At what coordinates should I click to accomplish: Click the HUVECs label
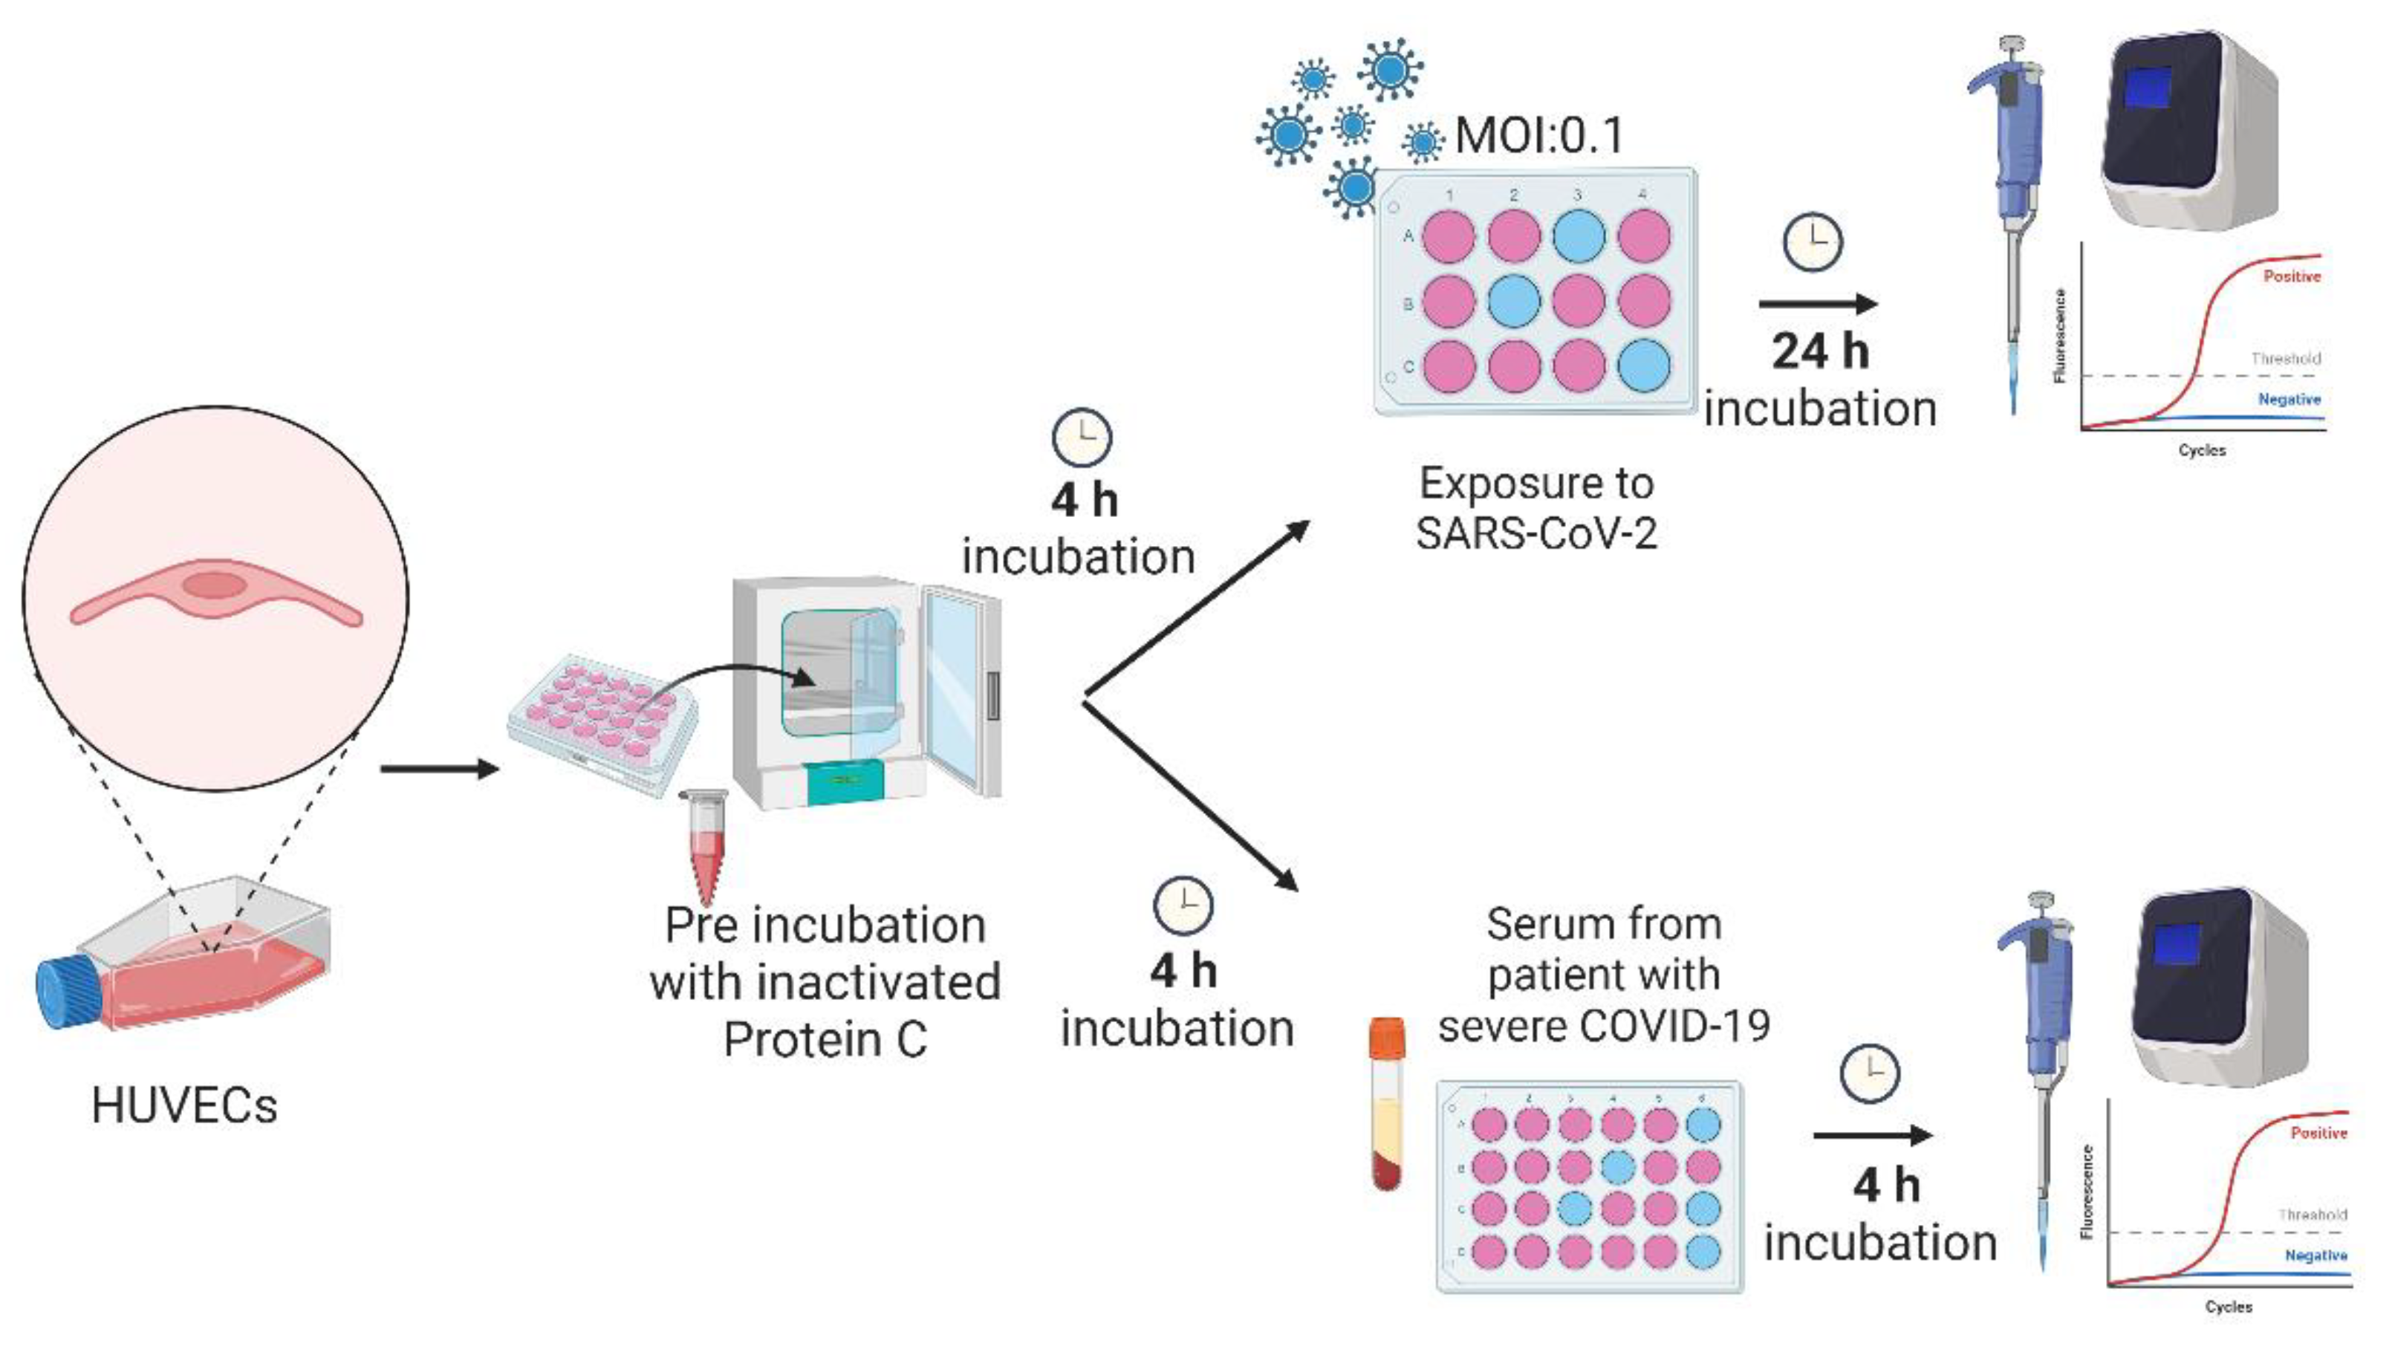click(x=184, y=1105)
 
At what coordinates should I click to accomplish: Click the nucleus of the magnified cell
click(x=214, y=585)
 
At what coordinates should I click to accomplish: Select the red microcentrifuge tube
click(x=703, y=846)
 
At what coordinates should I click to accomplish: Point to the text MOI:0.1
click(x=1538, y=136)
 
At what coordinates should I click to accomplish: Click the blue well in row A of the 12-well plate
click(x=1579, y=236)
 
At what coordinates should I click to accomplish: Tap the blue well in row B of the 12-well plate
click(x=1515, y=300)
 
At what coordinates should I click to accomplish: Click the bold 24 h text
click(x=1819, y=351)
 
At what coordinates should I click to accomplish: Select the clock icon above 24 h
click(x=1812, y=243)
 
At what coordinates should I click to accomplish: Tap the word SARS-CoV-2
click(x=1536, y=533)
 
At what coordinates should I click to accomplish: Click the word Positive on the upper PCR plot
click(x=2291, y=276)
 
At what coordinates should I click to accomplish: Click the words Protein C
click(x=825, y=1039)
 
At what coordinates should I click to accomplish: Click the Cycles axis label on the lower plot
click(x=2229, y=1306)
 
